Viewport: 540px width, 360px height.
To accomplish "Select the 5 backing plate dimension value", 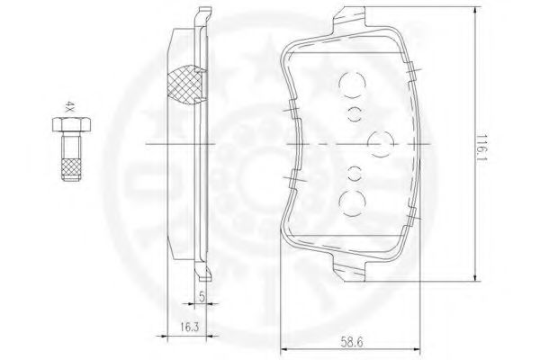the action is click(x=202, y=297).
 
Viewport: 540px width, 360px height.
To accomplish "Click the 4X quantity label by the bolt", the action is click(x=70, y=107).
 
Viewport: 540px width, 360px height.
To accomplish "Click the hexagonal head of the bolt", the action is click(x=72, y=125).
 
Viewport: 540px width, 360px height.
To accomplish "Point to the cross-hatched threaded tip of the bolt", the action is click(x=72, y=169).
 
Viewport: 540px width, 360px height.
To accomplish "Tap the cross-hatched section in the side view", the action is click(x=184, y=85).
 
